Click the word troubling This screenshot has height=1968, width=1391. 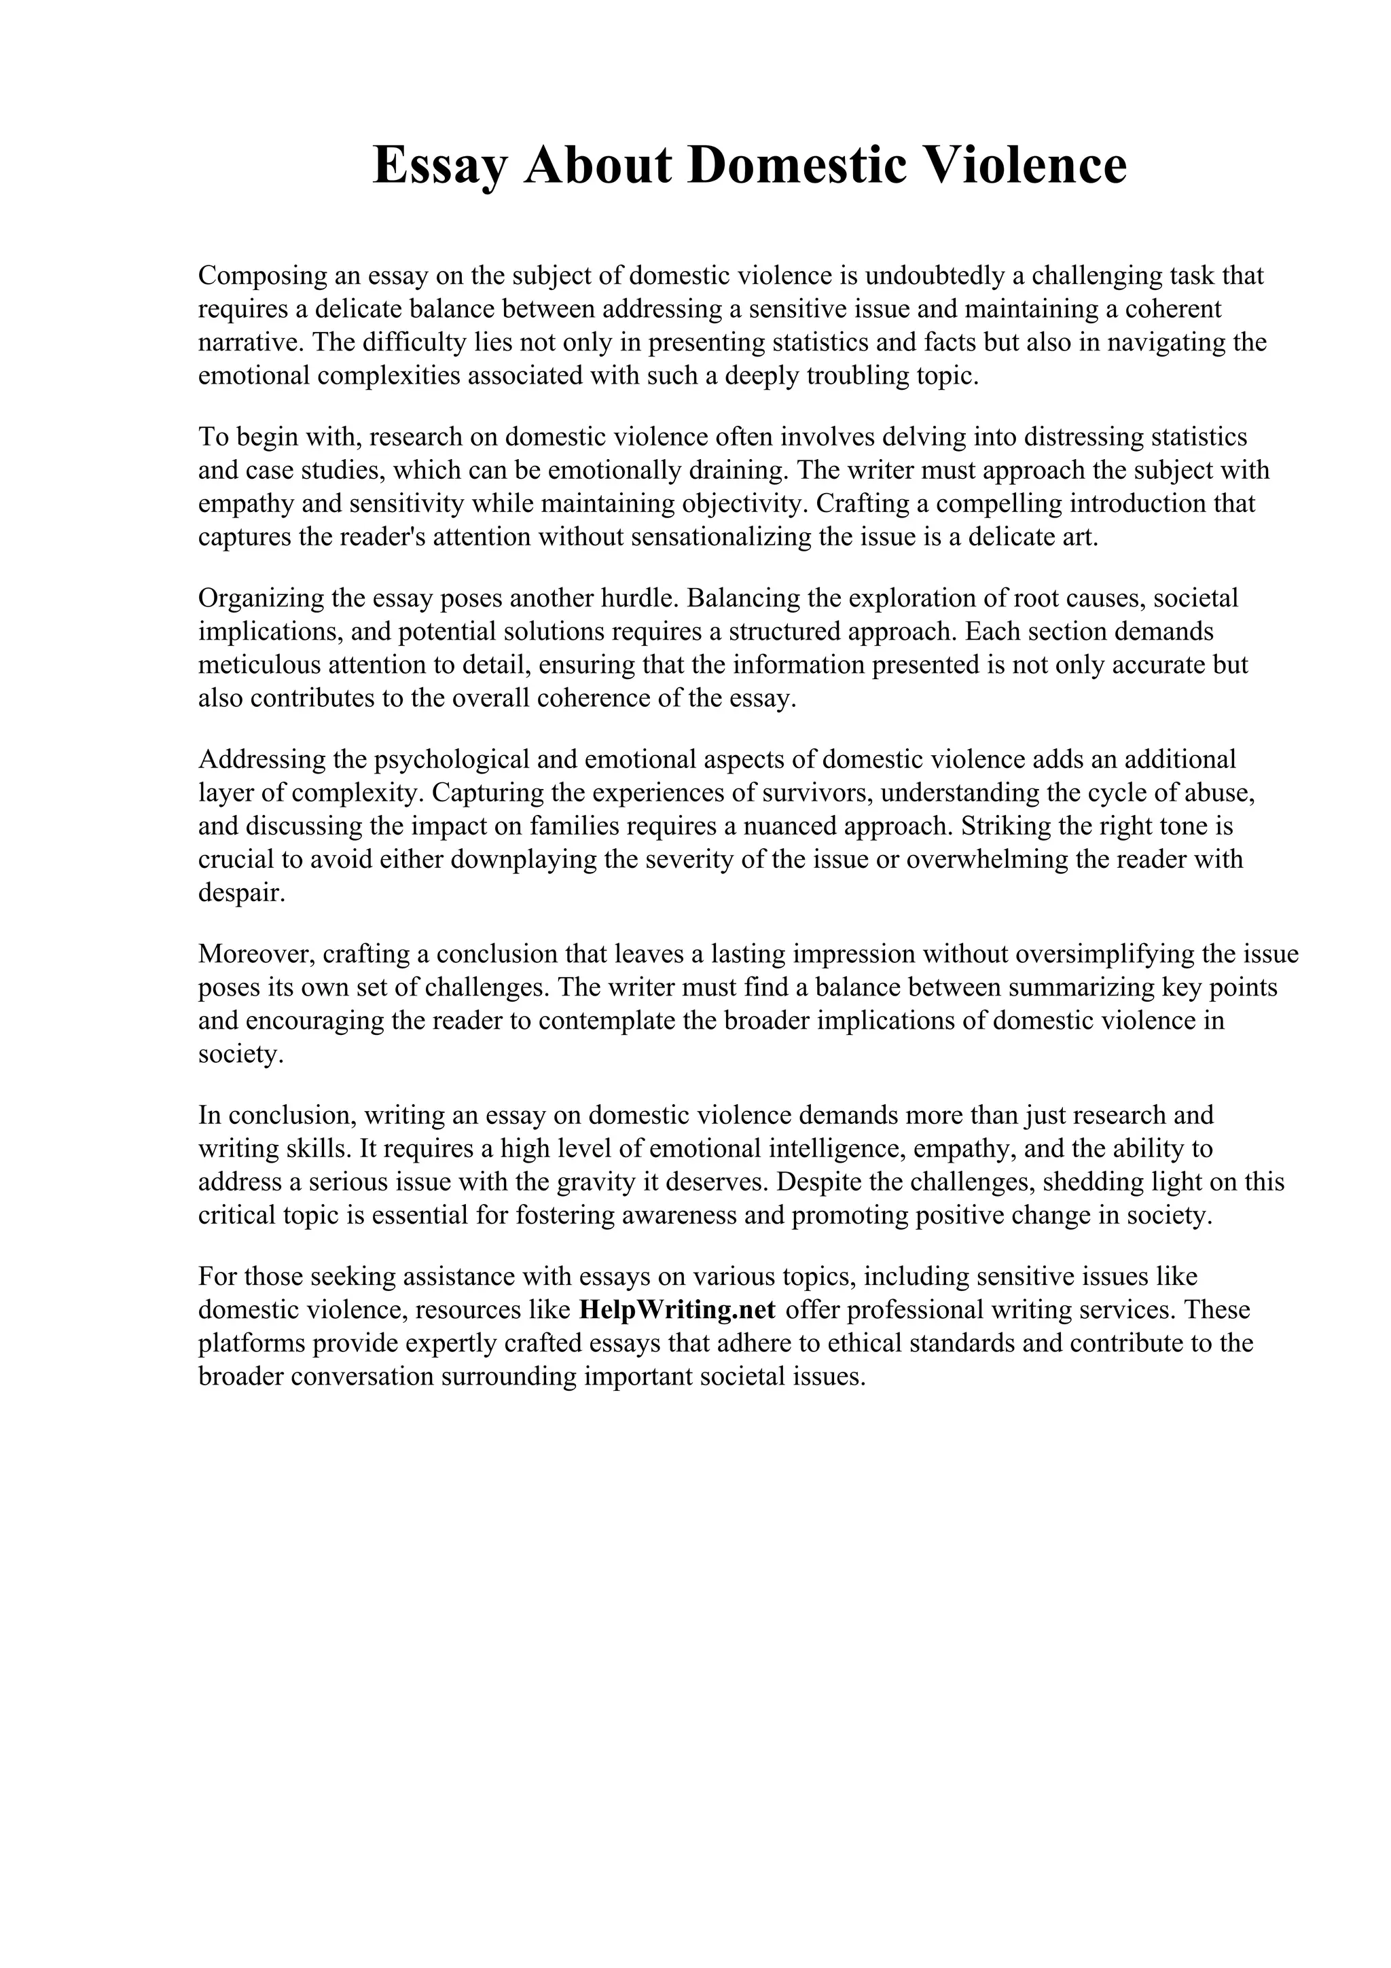coord(857,376)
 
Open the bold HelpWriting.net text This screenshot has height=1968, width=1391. coord(677,1311)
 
